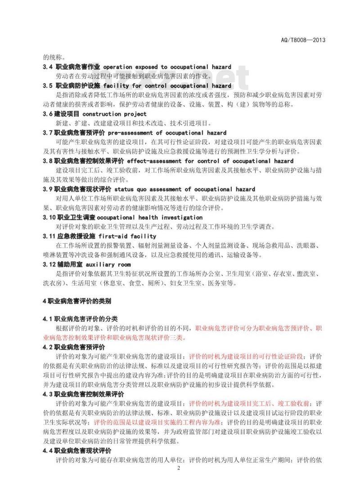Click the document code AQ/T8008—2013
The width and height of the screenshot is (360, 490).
pyautogui.click(x=306, y=40)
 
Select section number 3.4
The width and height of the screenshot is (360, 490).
pyautogui.click(x=48, y=67)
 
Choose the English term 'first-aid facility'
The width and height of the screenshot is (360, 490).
pyautogui.click(x=133, y=236)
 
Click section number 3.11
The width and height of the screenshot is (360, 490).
pyautogui.click(x=49, y=236)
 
